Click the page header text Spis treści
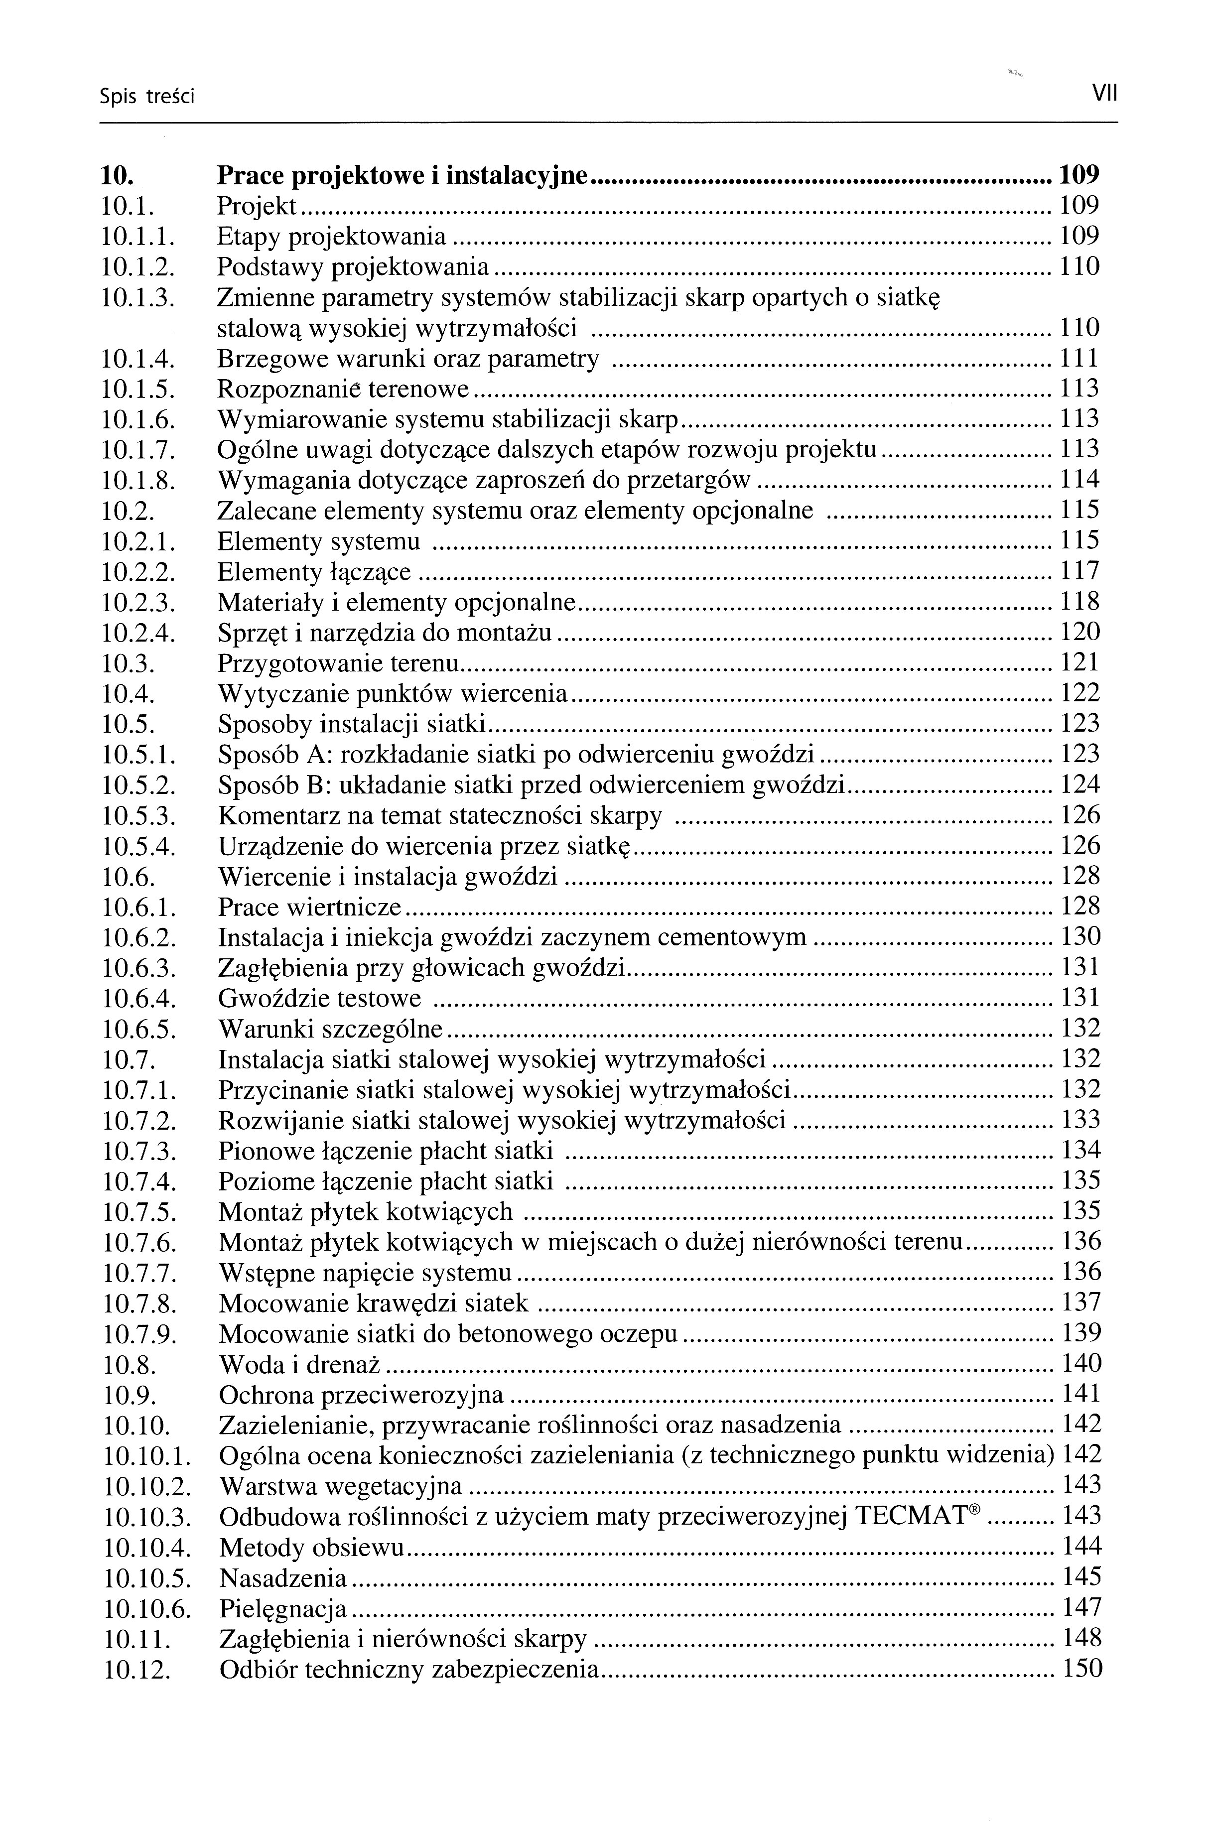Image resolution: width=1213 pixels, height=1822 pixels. point(147,97)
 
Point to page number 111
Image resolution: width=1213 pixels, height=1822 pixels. point(1079,359)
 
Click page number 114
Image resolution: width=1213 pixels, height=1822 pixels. point(1079,480)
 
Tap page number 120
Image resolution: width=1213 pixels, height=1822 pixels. point(1079,633)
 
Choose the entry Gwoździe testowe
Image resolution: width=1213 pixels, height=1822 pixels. point(319,998)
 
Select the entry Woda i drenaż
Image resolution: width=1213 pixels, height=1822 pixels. point(302,1364)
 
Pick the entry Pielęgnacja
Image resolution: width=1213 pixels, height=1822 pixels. point(283,1608)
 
